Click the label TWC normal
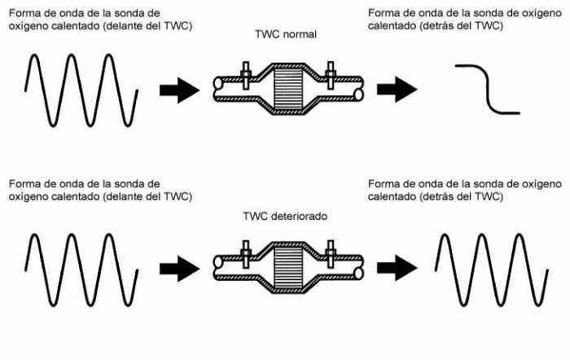(x=286, y=36)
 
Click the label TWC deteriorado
(x=284, y=217)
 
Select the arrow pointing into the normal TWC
(x=178, y=89)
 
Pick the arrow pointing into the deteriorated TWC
(x=178, y=267)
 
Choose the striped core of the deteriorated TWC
(x=287, y=266)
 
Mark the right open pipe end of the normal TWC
(x=358, y=90)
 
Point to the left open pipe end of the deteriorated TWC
(x=217, y=266)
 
